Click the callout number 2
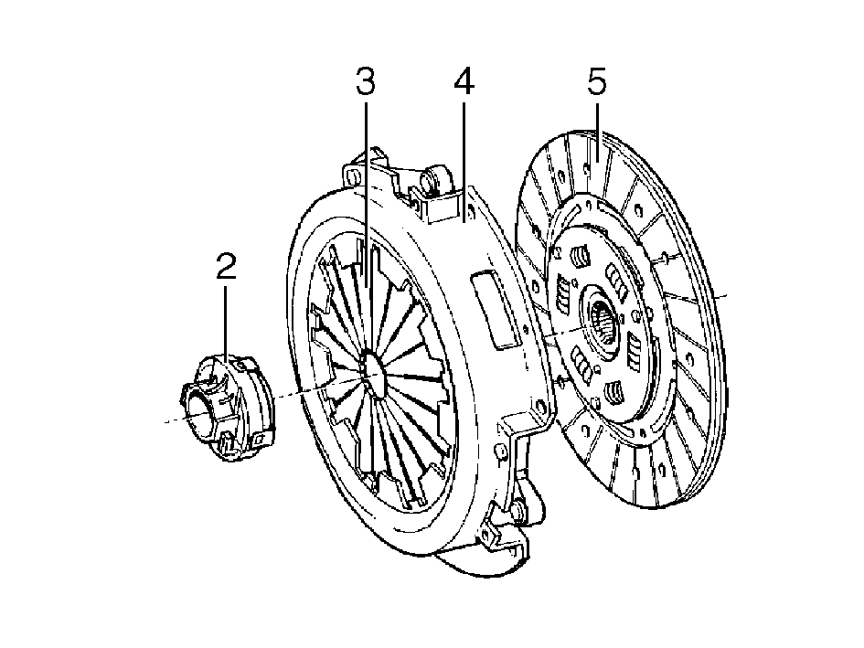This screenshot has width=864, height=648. (227, 267)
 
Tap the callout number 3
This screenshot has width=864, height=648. (366, 81)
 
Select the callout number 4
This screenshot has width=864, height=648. (464, 81)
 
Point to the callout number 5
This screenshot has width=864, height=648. (597, 81)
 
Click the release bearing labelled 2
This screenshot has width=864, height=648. (227, 409)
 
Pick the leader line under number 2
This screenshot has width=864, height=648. (226, 324)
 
